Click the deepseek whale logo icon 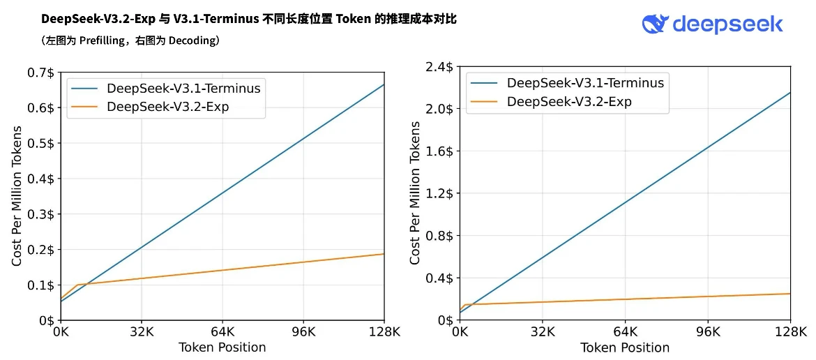point(655,24)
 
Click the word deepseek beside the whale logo point(727,24)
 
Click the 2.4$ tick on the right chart point(439,67)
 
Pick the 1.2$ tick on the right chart point(439,193)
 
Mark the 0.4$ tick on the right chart point(439,278)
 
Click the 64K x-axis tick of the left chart point(222,332)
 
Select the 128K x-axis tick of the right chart point(790,332)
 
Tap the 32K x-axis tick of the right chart point(543,332)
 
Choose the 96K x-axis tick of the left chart point(303,332)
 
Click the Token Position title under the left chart point(222,347)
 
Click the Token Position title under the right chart point(625,347)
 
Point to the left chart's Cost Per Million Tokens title point(17,196)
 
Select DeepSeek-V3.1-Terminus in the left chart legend point(183,89)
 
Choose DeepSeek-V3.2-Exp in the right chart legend point(569,102)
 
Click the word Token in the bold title point(354,19)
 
